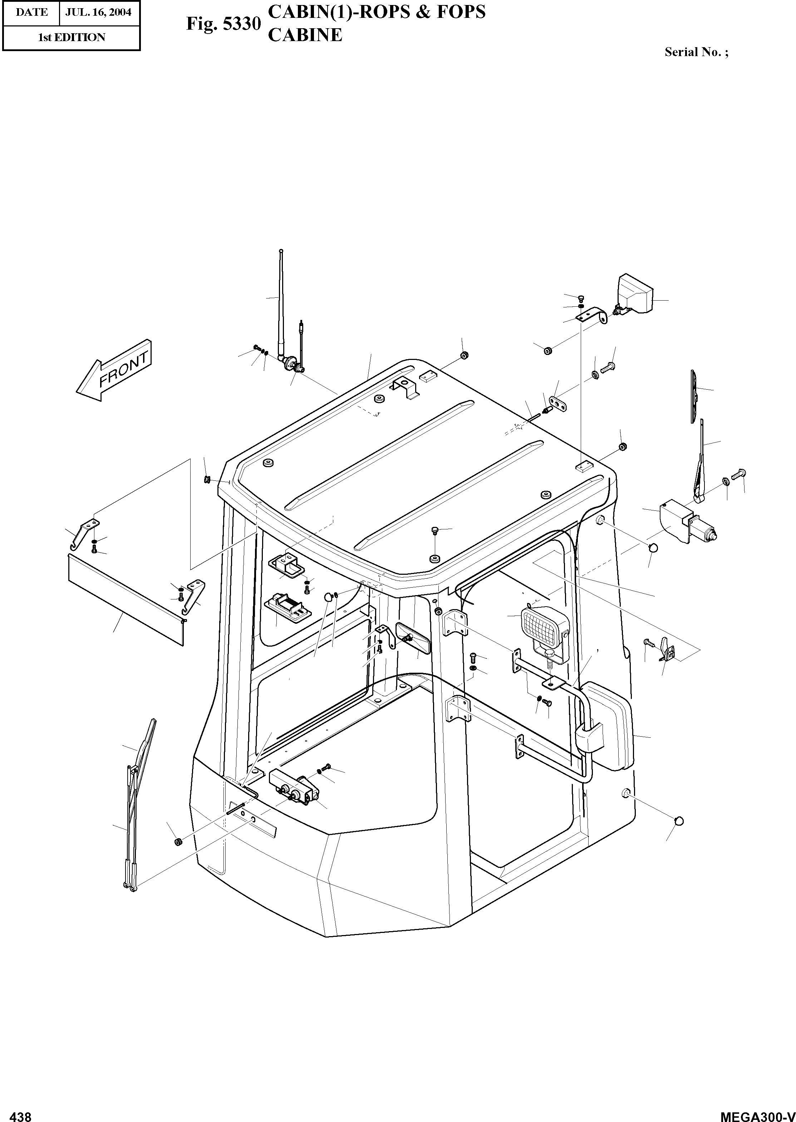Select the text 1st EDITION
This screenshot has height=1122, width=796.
coord(72,37)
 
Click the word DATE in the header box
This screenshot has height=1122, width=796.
coord(31,12)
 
